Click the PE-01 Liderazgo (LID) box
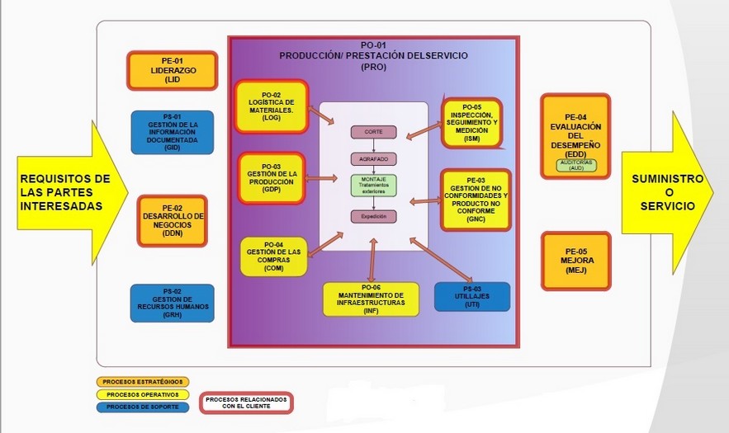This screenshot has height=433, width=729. click(x=172, y=70)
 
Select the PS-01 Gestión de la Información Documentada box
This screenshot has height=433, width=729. click(x=172, y=133)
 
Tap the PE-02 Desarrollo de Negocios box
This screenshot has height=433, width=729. click(x=172, y=221)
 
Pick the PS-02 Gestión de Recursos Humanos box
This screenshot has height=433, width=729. click(x=172, y=303)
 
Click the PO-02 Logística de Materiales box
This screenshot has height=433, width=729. click(x=272, y=106)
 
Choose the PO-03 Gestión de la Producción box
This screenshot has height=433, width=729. click(x=272, y=177)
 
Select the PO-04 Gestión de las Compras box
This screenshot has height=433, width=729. click(x=273, y=256)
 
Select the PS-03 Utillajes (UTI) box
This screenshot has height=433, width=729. click(x=471, y=297)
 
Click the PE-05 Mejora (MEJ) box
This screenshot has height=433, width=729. click(x=575, y=261)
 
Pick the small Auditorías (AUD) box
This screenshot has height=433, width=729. click(x=576, y=165)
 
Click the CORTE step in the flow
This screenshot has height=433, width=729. click(x=374, y=132)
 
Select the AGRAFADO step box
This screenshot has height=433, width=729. click(x=374, y=158)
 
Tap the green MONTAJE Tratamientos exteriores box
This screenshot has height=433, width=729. click(x=374, y=185)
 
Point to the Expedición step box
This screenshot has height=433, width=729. click(x=374, y=216)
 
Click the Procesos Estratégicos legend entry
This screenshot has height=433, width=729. click(x=143, y=382)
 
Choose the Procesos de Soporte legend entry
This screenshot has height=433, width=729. click(x=143, y=407)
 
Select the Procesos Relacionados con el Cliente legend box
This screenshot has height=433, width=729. click(x=246, y=402)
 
